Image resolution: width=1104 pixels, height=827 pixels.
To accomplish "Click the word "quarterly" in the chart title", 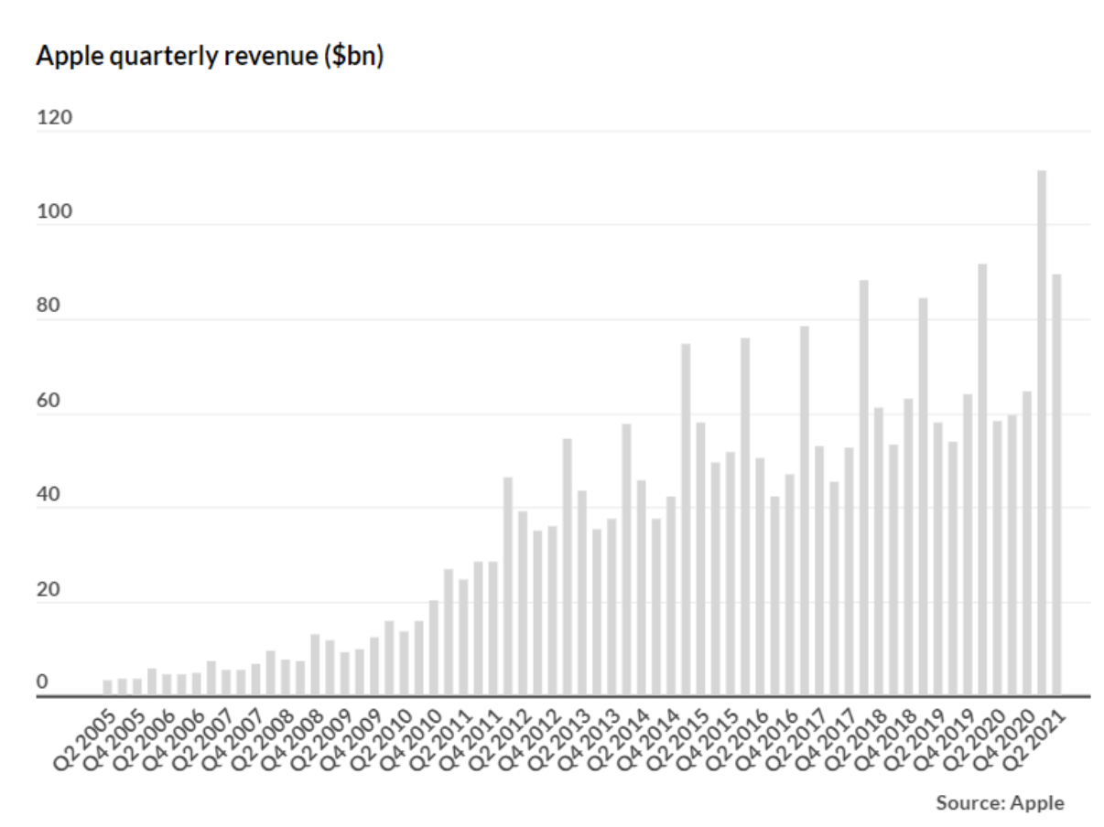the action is [164, 57].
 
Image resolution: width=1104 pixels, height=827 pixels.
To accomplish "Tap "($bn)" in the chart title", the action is [354, 56].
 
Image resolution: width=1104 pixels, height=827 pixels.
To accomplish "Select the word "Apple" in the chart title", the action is [70, 57].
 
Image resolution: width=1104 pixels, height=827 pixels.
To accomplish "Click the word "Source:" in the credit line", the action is [970, 803].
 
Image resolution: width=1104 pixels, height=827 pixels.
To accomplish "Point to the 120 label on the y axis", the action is [54, 118].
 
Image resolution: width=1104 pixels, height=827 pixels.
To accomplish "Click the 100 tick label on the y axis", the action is [54, 211].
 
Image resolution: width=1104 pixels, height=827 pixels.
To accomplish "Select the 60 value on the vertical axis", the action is [49, 401].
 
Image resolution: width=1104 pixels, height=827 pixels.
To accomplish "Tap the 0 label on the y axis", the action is [42, 682].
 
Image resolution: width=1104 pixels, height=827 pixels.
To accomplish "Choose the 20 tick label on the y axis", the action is [49, 589].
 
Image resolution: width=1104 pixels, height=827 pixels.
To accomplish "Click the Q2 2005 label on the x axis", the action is [85, 740].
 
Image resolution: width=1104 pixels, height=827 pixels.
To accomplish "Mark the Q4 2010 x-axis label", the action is [411, 740].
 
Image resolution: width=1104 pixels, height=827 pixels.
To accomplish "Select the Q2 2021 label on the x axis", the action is [1034, 740].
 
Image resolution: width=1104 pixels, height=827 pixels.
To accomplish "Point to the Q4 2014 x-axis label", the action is [648, 740].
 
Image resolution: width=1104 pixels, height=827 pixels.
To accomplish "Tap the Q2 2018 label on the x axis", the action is [856, 740].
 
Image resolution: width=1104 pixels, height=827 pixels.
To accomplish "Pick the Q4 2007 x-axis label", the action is [233, 740].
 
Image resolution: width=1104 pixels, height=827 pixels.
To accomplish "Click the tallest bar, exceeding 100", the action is [1042, 433].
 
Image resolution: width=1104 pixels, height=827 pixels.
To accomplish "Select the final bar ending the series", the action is [1056, 485].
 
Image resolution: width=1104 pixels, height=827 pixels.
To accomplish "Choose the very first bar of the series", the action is [108, 688].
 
